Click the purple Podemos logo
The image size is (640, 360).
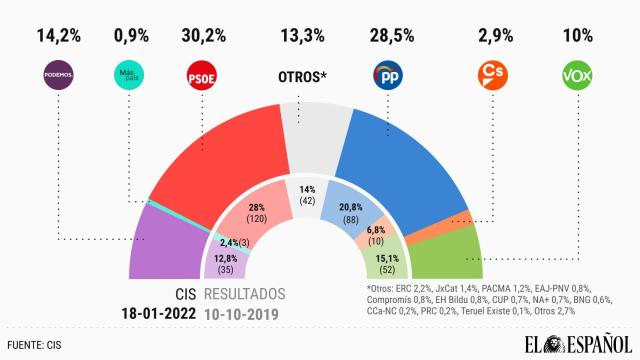(59, 75)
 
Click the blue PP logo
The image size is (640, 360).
(388, 75)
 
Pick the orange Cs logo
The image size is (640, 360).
(492, 75)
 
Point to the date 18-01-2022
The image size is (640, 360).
(146, 313)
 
